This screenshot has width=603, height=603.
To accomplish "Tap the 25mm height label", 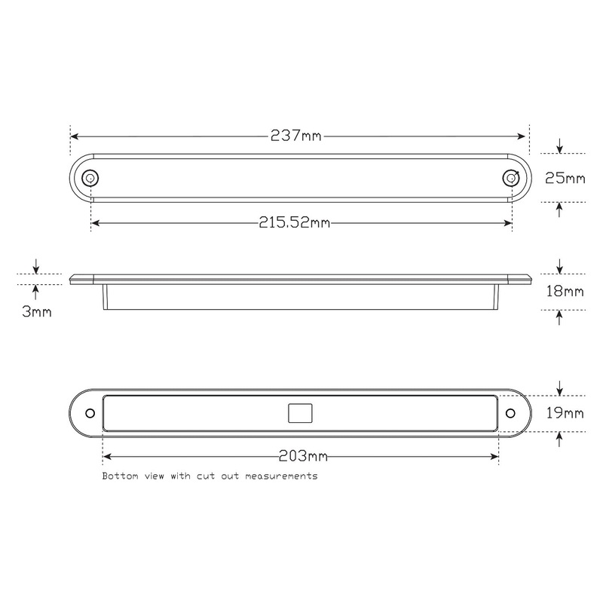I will tap(565, 179).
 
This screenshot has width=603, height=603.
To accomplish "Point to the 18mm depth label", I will tap(565, 291).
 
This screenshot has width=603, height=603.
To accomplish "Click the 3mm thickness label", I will tap(37, 311).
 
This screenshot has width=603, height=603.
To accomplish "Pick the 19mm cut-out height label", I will tap(565, 412).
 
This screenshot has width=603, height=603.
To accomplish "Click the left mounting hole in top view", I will tap(90, 179).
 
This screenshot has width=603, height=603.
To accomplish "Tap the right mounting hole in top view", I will tap(511, 178).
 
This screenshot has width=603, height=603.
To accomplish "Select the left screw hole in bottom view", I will tap(90, 414).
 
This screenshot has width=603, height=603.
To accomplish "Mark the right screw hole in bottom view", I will tap(510, 413).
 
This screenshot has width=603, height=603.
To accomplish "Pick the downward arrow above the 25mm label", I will tap(559, 146).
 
